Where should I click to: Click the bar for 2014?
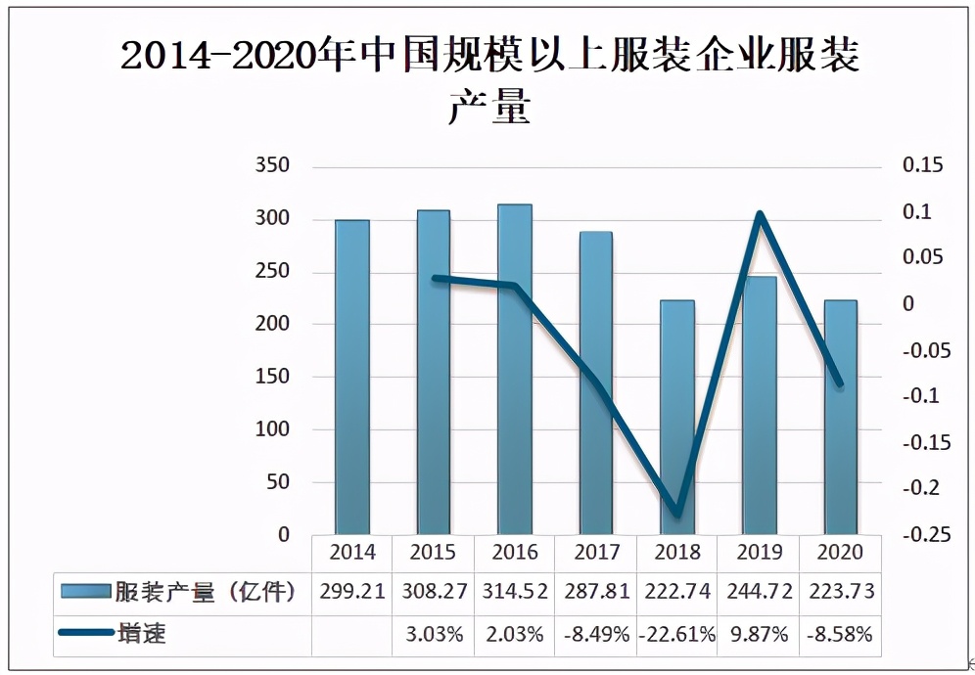pyautogui.click(x=352, y=377)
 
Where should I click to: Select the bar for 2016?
pyautogui.click(x=514, y=370)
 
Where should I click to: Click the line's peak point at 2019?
pyautogui.click(x=759, y=213)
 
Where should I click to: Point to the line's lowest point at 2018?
pyautogui.click(x=677, y=514)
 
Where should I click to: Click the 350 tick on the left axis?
pyautogui.click(x=271, y=165)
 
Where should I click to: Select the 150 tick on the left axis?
pyautogui.click(x=271, y=377)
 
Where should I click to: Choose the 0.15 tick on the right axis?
pyautogui.click(x=921, y=165)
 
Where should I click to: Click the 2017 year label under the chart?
pyautogui.click(x=596, y=553)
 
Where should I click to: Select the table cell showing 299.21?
pyautogui.click(x=351, y=592)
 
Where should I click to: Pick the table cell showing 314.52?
pyautogui.click(x=514, y=592)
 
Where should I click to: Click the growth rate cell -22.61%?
pyautogui.click(x=676, y=634)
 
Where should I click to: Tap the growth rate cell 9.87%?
pyautogui.click(x=759, y=634)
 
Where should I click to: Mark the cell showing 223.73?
pyautogui.click(x=840, y=592)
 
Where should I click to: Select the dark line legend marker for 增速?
pyautogui.click(x=84, y=634)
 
